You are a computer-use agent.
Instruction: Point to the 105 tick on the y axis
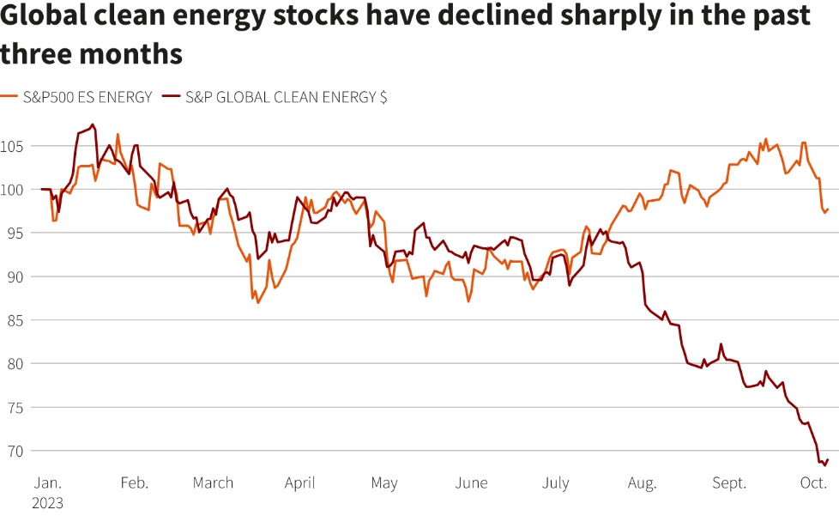(x=15, y=146)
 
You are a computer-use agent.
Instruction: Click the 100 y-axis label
(x=15, y=190)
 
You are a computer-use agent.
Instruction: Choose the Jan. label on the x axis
(x=47, y=482)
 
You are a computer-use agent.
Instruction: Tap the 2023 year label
(x=49, y=503)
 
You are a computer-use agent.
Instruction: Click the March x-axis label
(x=213, y=482)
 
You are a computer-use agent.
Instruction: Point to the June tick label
(x=472, y=482)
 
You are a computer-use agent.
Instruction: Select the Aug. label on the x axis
(x=643, y=482)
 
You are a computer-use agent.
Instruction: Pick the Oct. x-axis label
(x=813, y=482)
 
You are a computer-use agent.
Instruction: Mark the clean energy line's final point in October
(x=828, y=459)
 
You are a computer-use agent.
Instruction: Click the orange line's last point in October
(x=828, y=209)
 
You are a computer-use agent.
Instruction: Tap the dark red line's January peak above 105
(x=93, y=124)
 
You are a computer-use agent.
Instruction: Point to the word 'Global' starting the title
(x=40, y=16)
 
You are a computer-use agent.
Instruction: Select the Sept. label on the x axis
(x=728, y=482)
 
